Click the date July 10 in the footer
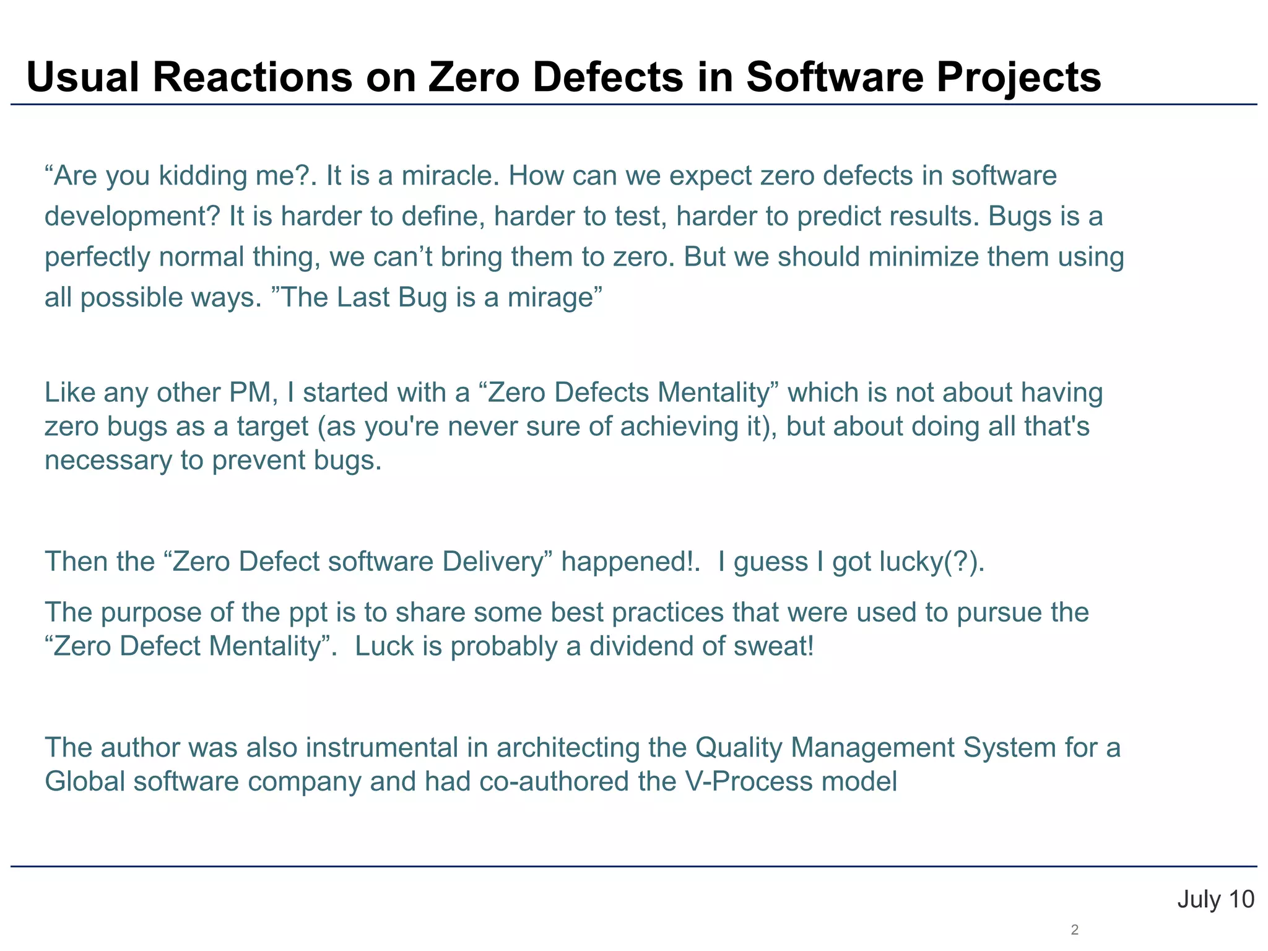1215,900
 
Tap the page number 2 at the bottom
1075,929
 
